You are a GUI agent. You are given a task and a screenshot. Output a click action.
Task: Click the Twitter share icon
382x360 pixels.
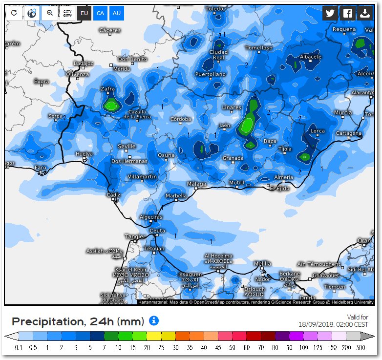tap(331, 13)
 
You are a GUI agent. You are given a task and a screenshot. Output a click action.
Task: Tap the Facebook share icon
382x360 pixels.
tap(347, 13)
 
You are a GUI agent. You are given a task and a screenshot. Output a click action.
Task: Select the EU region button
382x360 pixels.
tap(84, 13)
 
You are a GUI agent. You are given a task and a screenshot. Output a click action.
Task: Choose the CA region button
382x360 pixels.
tap(100, 13)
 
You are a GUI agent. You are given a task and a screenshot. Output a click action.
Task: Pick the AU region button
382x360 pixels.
tap(116, 13)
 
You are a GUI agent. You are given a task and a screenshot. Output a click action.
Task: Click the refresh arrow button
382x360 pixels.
tap(14, 13)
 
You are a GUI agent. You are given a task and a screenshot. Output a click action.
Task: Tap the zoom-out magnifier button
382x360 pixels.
tap(49, 13)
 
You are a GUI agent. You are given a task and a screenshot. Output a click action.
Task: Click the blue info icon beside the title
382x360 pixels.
tap(154, 321)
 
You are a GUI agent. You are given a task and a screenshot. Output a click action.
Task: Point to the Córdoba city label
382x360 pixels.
tap(181, 119)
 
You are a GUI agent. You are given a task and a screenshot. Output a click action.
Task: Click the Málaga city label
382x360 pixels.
tap(196, 184)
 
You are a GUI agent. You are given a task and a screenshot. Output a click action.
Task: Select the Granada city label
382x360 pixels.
tap(233, 158)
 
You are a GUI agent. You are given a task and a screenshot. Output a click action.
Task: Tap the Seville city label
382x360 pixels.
tap(127, 147)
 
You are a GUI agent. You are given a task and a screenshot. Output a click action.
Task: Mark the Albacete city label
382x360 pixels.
tap(311, 57)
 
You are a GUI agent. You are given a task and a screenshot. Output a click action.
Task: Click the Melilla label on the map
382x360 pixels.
tap(262, 263)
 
